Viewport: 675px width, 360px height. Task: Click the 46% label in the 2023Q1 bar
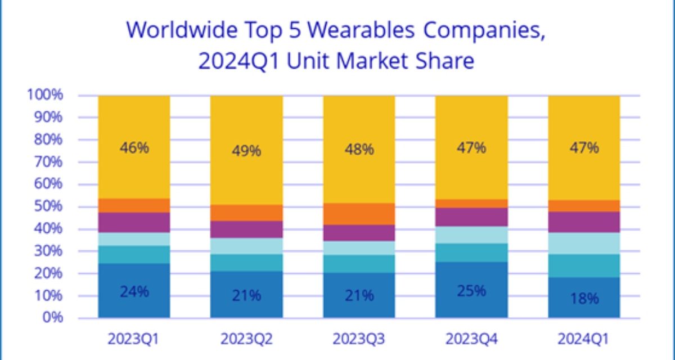click(x=134, y=148)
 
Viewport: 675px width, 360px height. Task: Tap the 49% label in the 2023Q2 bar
click(x=246, y=151)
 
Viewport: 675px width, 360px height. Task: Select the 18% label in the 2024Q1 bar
click(x=584, y=299)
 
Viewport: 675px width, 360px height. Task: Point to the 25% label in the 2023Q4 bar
click(x=471, y=291)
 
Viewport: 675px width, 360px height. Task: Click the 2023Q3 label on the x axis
click(x=359, y=339)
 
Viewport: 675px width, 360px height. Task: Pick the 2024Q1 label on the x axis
click(x=584, y=339)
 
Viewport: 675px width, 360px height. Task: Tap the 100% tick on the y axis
click(x=46, y=95)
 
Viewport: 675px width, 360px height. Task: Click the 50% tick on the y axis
click(x=48, y=206)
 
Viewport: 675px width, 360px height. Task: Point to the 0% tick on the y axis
click(x=52, y=318)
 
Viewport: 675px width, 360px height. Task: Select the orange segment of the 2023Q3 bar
click(x=359, y=214)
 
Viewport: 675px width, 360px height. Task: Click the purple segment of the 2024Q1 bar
click(x=584, y=222)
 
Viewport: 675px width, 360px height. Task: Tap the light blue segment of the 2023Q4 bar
click(x=471, y=235)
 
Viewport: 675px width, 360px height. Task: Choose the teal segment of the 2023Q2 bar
click(x=246, y=262)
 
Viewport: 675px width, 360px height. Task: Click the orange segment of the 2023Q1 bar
click(x=134, y=205)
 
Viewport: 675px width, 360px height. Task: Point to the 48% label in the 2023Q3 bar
click(x=359, y=149)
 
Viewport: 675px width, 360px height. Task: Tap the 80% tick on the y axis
click(x=48, y=139)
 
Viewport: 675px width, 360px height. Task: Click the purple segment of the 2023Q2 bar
click(x=246, y=229)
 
